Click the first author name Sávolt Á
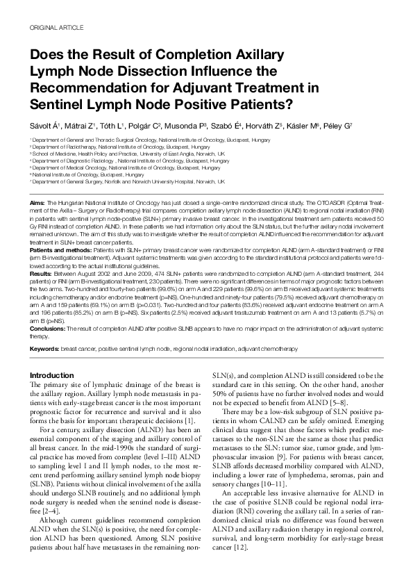(45, 126)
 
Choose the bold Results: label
(40, 274)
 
